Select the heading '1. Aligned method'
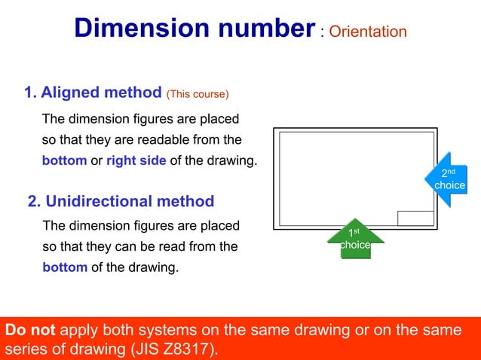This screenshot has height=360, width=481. coord(93,93)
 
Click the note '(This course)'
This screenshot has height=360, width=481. coord(198,94)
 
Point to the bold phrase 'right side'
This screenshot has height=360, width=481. coord(136,160)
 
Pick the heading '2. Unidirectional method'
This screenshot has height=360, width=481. coord(121,201)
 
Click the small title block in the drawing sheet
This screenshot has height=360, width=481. coord(415,218)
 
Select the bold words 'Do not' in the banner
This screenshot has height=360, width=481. coord(30,330)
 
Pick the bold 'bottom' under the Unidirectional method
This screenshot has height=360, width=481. coord(65,267)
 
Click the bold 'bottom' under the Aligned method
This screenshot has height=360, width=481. coord(64,160)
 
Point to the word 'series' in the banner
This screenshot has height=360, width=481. coord(24,349)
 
